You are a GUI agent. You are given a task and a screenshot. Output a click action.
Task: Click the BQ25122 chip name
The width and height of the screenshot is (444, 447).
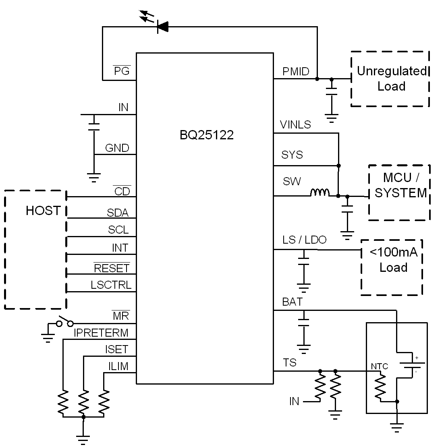(206, 135)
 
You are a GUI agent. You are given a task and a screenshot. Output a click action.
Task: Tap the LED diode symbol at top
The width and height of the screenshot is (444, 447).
(162, 27)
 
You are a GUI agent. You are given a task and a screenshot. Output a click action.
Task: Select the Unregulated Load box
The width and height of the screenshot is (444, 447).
(390, 79)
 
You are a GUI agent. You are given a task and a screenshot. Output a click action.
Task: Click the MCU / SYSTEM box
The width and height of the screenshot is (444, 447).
(399, 192)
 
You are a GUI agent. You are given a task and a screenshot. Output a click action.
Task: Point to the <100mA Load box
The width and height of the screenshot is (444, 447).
(392, 267)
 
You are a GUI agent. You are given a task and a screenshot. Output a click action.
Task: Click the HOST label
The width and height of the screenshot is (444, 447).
(43, 211)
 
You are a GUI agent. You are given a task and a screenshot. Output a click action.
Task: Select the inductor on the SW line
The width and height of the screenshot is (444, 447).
(320, 193)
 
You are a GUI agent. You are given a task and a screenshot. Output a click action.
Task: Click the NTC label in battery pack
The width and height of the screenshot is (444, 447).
(379, 366)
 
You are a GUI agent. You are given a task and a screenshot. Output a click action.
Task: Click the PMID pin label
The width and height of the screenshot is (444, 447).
(296, 72)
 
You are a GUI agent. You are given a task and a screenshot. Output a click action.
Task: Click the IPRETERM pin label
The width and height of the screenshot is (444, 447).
(101, 333)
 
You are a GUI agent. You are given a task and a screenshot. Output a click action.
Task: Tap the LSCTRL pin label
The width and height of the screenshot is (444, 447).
(111, 285)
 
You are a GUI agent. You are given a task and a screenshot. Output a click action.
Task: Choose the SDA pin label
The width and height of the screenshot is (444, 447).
(118, 213)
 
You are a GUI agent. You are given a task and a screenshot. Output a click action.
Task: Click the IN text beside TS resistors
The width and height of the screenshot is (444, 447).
(294, 401)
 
